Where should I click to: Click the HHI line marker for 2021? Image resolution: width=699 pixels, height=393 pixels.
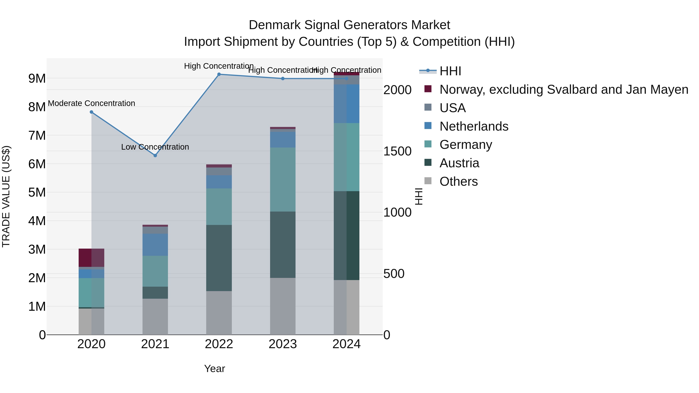click(155, 155)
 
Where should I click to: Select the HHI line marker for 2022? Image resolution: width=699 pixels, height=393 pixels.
click(219, 74)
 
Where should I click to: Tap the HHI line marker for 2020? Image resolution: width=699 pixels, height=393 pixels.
click(91, 112)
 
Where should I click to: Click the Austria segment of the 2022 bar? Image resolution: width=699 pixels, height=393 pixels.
click(219, 258)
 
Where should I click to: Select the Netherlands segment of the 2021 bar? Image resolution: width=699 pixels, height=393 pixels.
click(155, 244)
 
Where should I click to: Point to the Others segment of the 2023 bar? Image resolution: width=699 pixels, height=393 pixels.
click(283, 306)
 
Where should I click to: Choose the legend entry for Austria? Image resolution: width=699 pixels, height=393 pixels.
click(459, 163)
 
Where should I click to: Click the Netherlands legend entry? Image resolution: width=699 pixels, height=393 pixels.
click(474, 126)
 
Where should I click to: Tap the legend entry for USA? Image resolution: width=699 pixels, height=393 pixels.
click(452, 108)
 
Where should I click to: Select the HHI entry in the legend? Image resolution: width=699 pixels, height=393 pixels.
click(450, 71)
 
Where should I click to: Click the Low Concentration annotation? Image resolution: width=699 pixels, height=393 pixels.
click(155, 147)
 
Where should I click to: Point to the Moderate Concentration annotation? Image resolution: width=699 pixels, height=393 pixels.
click(91, 103)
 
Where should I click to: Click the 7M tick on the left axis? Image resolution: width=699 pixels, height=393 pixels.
click(37, 135)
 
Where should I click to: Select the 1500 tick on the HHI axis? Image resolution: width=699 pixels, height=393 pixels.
click(397, 151)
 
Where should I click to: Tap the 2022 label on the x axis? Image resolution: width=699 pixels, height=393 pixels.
click(219, 344)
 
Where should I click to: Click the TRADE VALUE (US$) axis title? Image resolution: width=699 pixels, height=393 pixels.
click(6, 196)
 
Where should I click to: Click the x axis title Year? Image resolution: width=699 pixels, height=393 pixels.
click(214, 369)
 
